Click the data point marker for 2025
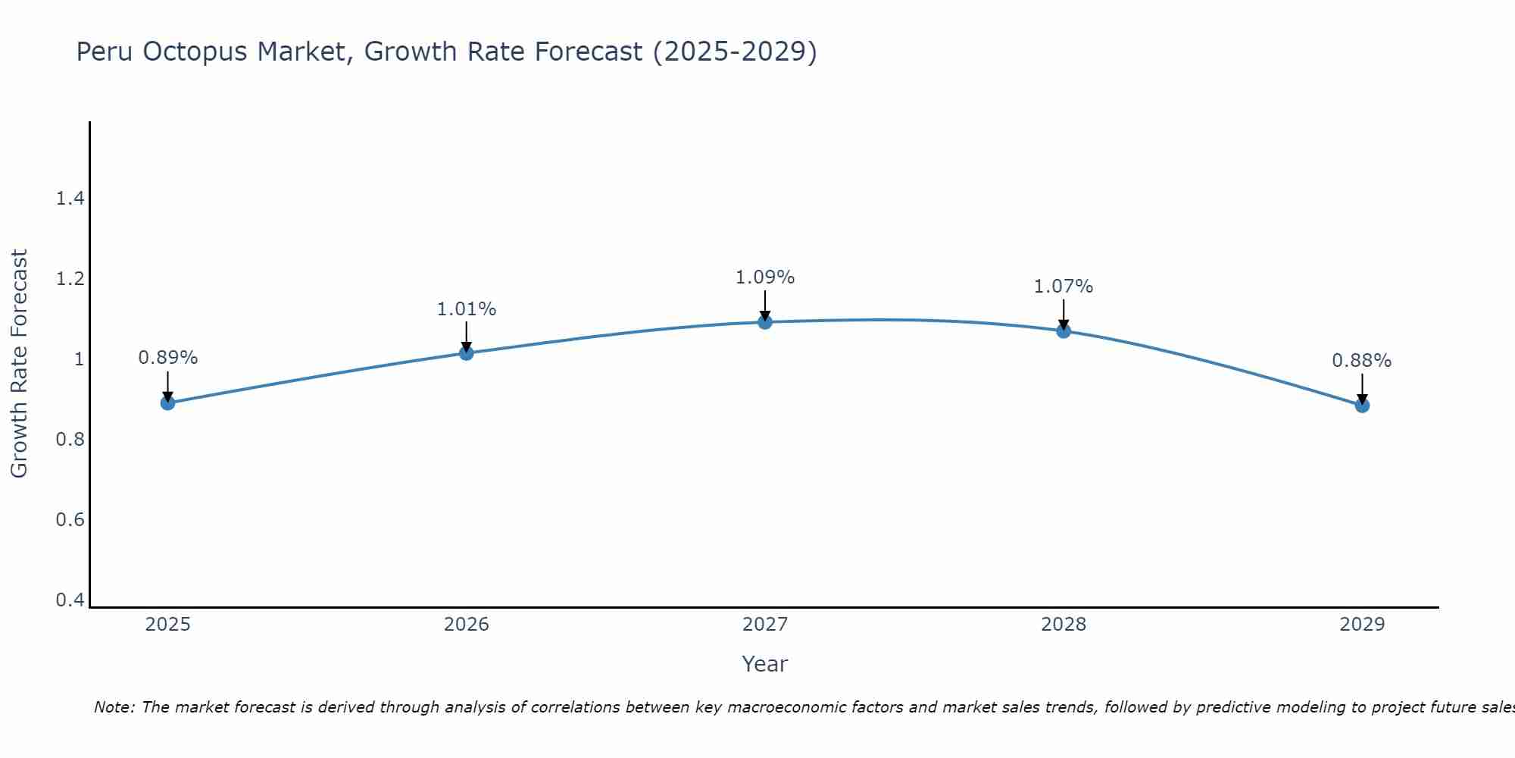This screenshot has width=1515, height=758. point(167,402)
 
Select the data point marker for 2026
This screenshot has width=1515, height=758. point(466,353)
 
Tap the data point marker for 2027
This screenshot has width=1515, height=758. point(765,322)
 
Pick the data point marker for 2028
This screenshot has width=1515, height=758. point(1064,330)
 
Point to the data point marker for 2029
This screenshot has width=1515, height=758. point(1362,406)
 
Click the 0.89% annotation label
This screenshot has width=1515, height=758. point(167,358)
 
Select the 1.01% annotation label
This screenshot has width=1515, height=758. point(466,309)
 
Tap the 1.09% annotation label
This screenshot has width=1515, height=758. point(765,277)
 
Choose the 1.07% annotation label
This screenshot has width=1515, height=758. point(1064,287)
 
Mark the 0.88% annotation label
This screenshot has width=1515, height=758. point(1362,361)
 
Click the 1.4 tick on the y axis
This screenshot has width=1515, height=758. point(70,199)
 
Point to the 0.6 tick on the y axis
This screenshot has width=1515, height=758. point(70,520)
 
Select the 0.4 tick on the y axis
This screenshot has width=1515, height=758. point(70,600)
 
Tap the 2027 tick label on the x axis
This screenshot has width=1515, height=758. point(765,625)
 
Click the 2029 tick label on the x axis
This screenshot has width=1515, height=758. point(1362,625)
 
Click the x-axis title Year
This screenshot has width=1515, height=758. point(765,664)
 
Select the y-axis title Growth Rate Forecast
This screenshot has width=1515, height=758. point(19,364)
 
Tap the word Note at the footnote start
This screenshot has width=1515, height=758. point(114,707)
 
